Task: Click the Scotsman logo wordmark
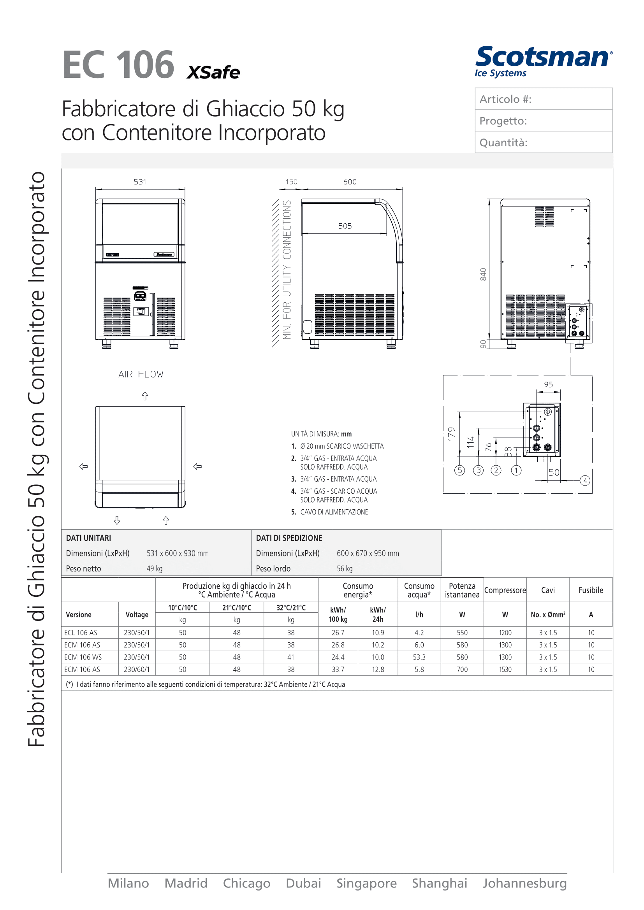pyautogui.click(x=543, y=57)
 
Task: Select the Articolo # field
pyautogui.click(x=543, y=99)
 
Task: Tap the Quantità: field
pyautogui.click(x=543, y=142)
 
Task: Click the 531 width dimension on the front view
pyautogui.click(x=140, y=182)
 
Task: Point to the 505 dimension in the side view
pyautogui.click(x=345, y=226)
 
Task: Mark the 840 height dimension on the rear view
pyautogui.click(x=483, y=274)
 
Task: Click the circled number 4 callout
pyautogui.click(x=585, y=480)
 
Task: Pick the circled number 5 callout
pyautogui.click(x=459, y=470)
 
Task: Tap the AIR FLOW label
pyautogui.click(x=141, y=374)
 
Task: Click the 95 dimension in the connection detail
pyautogui.click(x=548, y=384)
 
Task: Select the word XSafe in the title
pyautogui.click(x=213, y=72)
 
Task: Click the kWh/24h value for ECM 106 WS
pyautogui.click(x=378, y=657)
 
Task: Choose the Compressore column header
pyautogui.click(x=505, y=590)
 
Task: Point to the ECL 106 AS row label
pyautogui.click(x=81, y=633)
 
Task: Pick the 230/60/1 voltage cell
pyautogui.click(x=137, y=670)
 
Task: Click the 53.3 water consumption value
pyautogui.click(x=419, y=657)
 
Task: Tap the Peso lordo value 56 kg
pyautogui.click(x=345, y=569)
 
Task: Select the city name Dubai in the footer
pyautogui.click(x=303, y=884)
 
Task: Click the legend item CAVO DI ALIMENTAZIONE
pyautogui.click(x=334, y=512)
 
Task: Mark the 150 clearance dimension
pyautogui.click(x=291, y=182)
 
